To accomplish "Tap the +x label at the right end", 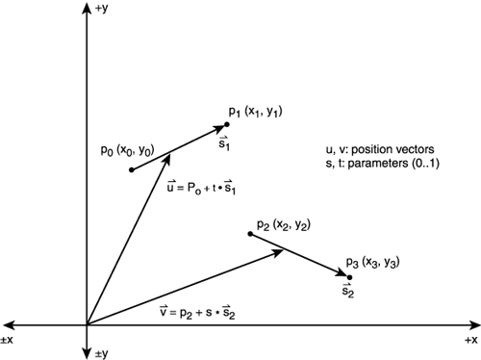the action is (x=468, y=341).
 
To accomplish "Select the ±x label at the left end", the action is (x=11, y=341).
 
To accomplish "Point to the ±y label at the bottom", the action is (x=104, y=351).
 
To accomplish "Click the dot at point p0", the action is (x=130, y=170).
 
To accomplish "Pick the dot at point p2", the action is (x=249, y=234).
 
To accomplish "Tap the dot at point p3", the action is (x=349, y=277).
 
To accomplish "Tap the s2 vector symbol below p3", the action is (x=348, y=292).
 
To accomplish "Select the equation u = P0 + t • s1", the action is (x=202, y=187).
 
